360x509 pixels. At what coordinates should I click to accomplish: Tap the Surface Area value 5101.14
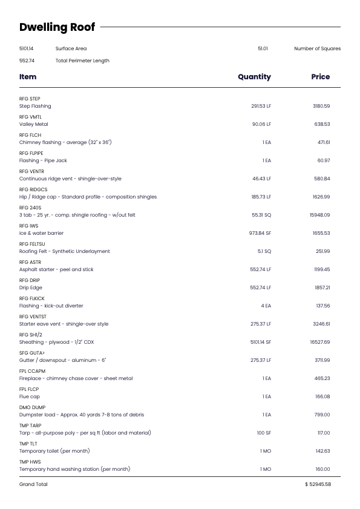(x=27, y=48)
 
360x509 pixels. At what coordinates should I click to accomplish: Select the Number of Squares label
(x=317, y=48)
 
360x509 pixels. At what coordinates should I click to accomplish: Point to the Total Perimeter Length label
(x=82, y=61)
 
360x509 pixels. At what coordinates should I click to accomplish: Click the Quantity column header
(x=254, y=77)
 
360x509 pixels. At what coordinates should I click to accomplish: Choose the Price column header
(x=320, y=77)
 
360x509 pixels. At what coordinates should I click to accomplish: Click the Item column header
(x=28, y=77)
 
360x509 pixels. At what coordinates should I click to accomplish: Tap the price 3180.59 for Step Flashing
(x=321, y=106)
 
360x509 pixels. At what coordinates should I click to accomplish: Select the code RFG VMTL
(x=30, y=117)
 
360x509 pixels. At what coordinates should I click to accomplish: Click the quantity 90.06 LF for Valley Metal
(x=261, y=124)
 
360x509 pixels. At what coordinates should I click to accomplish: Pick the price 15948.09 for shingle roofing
(x=320, y=215)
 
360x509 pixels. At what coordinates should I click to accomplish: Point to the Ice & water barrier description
(x=41, y=233)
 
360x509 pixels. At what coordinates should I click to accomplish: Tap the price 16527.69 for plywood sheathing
(x=320, y=342)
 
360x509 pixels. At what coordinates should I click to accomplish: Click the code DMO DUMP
(x=32, y=407)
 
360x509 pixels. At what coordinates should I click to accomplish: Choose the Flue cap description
(x=29, y=396)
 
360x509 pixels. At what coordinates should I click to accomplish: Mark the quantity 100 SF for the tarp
(x=264, y=433)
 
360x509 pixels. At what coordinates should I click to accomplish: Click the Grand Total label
(x=33, y=484)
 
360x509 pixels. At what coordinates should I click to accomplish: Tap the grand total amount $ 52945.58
(x=318, y=484)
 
